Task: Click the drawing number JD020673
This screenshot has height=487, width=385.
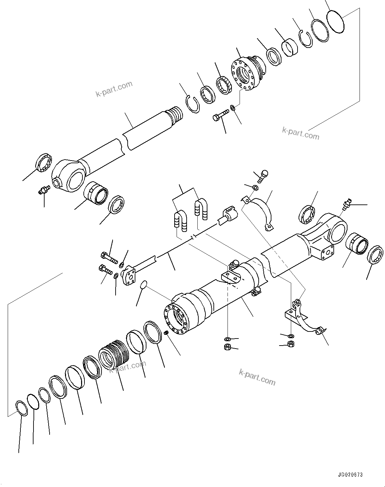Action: pos(350,475)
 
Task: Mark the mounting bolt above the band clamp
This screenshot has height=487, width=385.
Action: pos(263,175)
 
